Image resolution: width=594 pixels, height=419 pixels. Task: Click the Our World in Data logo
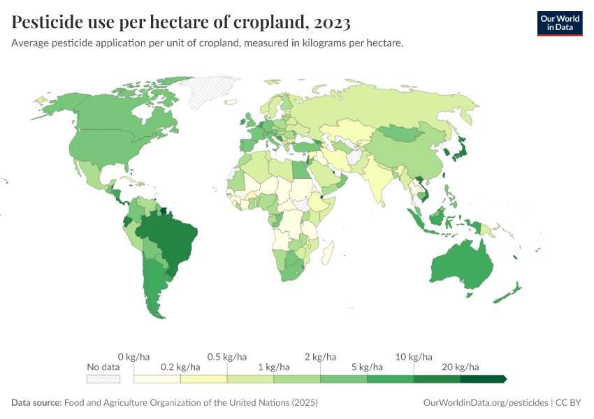coord(559,23)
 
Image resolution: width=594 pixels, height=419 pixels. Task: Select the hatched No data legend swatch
coord(103,378)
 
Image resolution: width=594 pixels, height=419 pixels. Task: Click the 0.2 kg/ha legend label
coord(180,367)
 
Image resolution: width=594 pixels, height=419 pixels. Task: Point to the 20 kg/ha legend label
coord(460,367)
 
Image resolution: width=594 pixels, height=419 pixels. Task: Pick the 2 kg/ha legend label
coord(320,357)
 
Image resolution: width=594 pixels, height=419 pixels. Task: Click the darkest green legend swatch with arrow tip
coord(482,378)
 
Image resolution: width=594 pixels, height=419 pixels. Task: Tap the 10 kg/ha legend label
coord(414,357)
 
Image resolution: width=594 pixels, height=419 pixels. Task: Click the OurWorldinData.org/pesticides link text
coord(486,403)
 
